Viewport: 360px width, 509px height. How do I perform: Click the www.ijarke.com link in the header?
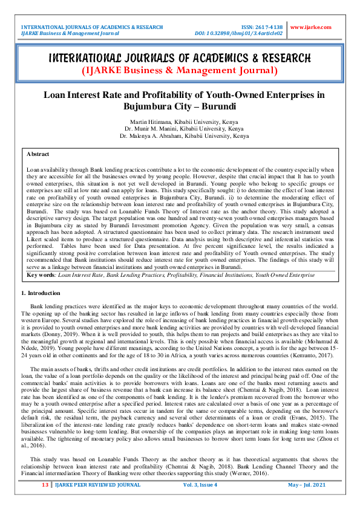click(311, 27)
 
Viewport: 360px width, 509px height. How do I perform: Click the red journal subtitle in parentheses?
click(180, 71)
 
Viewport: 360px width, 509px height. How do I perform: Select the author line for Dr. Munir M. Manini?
click(180, 129)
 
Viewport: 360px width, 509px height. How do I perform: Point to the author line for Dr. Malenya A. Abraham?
click(180, 136)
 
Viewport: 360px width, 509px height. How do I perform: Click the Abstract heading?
click(38, 154)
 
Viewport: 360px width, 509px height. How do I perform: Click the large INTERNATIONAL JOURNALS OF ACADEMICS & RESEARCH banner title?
click(180, 58)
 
